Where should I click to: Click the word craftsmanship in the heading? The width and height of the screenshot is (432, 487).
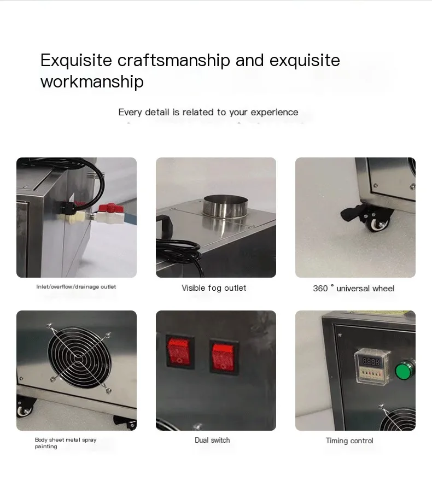[x=173, y=61]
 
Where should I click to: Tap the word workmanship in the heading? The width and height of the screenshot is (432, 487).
[x=92, y=81]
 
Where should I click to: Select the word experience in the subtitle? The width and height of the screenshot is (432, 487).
[x=275, y=113]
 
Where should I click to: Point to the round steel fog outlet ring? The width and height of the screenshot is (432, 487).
[x=225, y=206]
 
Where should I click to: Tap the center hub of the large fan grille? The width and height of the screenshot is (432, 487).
[x=79, y=358]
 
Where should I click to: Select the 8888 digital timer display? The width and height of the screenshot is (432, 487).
[x=371, y=362]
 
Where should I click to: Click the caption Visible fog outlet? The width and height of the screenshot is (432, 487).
[x=214, y=288]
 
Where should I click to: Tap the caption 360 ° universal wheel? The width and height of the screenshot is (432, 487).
[x=353, y=288]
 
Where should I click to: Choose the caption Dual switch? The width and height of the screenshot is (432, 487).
[x=212, y=440]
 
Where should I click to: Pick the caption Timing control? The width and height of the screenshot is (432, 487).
[x=349, y=441]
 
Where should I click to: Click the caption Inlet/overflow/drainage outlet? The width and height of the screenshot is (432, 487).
[x=76, y=286]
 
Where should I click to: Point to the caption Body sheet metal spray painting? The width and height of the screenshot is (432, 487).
[x=66, y=443]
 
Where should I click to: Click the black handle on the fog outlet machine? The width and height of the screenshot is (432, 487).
[x=165, y=225]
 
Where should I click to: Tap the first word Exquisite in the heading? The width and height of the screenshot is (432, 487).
[x=76, y=61]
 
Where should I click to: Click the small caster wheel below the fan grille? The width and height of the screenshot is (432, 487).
[x=24, y=409]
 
